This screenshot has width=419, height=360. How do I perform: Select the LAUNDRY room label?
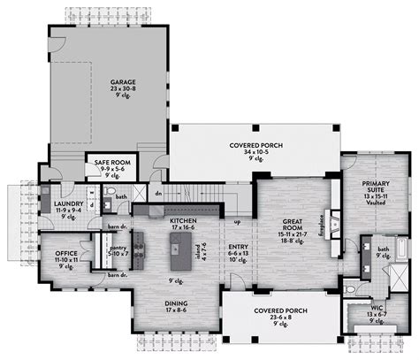pyautogui.click(x=55, y=202)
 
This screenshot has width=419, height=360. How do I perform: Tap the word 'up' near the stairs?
pyautogui.click(x=238, y=222)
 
